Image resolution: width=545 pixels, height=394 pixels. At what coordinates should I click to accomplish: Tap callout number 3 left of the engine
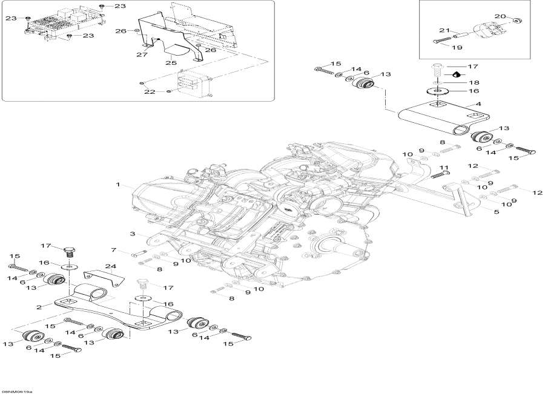tap(131, 234)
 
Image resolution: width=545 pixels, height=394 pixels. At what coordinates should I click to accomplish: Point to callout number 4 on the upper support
tap(478, 105)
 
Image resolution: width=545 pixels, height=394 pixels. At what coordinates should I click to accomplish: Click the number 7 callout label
tap(113, 249)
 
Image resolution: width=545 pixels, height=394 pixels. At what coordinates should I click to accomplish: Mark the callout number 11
tap(443, 168)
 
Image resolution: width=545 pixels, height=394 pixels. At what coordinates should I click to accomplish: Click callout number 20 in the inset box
tap(499, 16)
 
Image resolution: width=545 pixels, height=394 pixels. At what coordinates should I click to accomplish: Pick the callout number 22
tap(150, 92)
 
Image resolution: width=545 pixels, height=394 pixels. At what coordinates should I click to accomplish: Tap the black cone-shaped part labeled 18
tap(454, 75)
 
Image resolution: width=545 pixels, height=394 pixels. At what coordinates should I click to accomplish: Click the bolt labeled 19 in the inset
tap(439, 40)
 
